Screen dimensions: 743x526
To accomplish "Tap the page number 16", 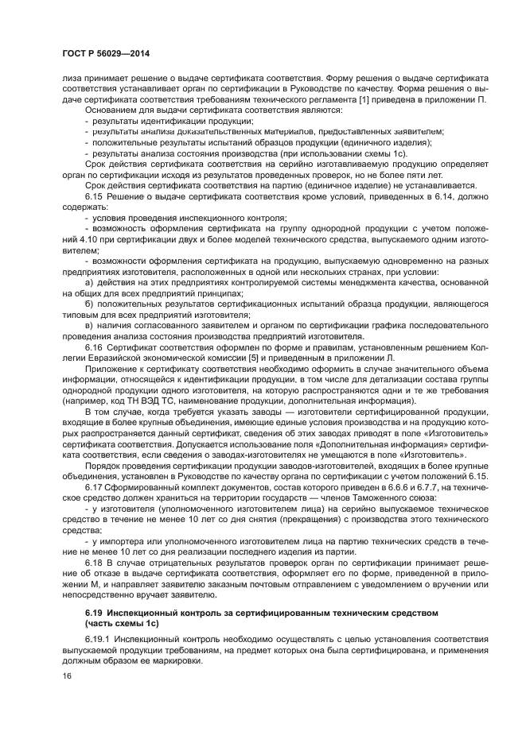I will click(66, 675).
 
